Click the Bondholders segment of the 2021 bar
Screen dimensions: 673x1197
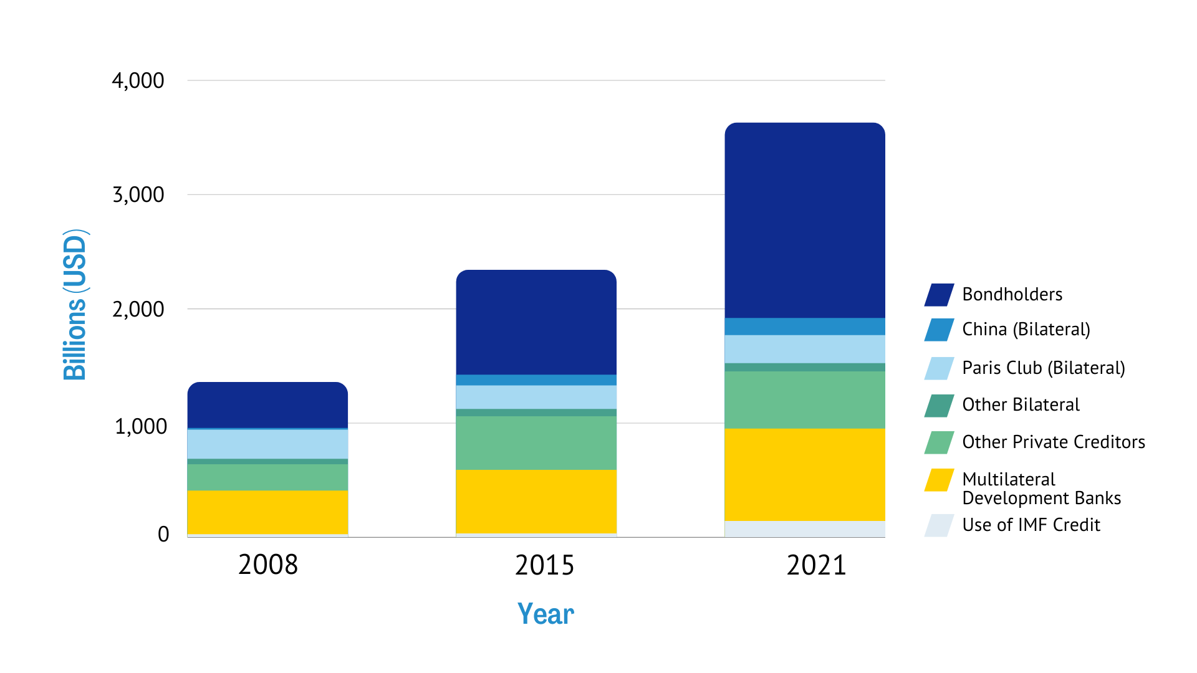[804, 221]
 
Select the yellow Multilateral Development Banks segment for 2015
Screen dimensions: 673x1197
[536, 501]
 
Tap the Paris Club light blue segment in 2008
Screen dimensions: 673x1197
[267, 444]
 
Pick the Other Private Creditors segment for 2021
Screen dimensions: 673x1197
[804, 400]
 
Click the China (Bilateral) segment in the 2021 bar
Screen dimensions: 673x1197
[804, 327]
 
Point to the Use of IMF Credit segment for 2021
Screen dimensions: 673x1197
[804, 528]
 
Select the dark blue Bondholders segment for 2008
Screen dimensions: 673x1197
[267, 405]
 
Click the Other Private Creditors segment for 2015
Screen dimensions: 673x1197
[536, 442]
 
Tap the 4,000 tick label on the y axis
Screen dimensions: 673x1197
[138, 80]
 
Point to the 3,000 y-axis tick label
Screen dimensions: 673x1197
[138, 194]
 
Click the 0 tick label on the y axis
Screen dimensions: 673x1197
[163, 534]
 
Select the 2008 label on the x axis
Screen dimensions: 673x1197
[268, 565]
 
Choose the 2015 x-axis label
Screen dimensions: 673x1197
[544, 565]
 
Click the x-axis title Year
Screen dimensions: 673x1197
[546, 614]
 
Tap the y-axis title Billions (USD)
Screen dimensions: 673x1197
[75, 305]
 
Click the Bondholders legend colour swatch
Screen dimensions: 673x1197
[939, 295]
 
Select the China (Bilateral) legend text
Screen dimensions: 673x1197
[1026, 329]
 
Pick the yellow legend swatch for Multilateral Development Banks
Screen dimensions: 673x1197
[939, 480]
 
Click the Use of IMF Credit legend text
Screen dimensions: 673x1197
[1031, 525]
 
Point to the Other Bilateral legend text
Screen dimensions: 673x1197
[1021, 404]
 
